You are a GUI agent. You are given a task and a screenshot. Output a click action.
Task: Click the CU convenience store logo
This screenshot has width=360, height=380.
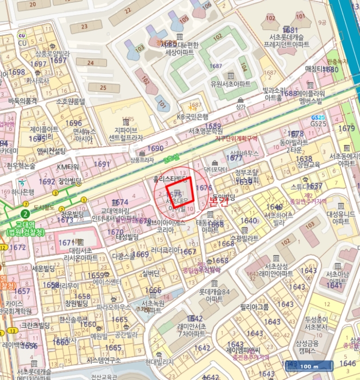pyautogui.click(x=22, y=36)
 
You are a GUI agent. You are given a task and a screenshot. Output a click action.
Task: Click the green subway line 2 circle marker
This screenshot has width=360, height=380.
pyautogui.click(x=25, y=214)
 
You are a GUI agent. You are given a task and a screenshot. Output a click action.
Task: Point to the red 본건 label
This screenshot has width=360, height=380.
pyautogui.click(x=220, y=201)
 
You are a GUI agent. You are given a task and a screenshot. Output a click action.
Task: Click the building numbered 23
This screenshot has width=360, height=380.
pyautogui.click(x=83, y=26)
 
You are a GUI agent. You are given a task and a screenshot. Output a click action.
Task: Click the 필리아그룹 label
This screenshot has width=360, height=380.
pyautogui.click(x=254, y=307)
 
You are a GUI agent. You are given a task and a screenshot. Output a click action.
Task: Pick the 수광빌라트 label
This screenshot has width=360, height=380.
pyautogui.click(x=244, y=238)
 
